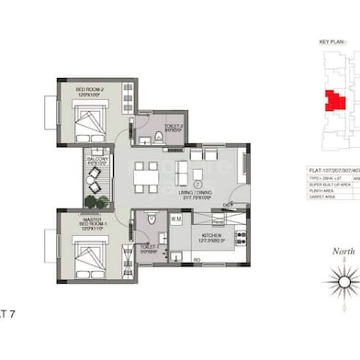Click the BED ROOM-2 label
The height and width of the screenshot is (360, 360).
(79, 88)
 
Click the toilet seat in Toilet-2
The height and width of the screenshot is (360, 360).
(159, 137)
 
